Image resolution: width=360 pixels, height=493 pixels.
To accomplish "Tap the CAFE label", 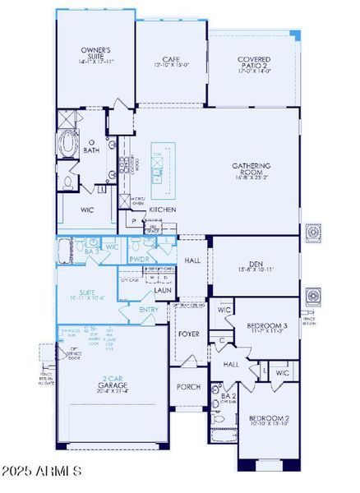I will [171, 60].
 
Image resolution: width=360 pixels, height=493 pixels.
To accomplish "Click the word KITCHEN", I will [161, 210].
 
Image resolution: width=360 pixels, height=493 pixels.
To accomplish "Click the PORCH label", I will [189, 386].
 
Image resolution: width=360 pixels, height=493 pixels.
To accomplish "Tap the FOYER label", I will [189, 334].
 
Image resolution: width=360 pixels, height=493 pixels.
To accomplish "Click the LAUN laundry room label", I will [162, 290].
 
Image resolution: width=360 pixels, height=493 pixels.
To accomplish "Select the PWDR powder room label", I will [138, 259].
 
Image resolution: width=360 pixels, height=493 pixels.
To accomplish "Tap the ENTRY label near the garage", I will [149, 309].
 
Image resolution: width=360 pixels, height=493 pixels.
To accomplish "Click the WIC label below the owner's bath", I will [89, 210].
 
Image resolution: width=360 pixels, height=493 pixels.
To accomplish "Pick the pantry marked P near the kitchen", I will [132, 221].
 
